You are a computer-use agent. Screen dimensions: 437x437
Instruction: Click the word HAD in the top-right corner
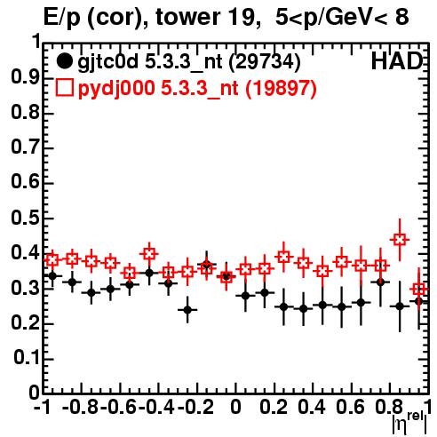click(397, 61)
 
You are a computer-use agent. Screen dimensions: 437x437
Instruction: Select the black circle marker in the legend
click(64, 61)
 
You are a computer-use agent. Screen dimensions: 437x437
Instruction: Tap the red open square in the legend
click(64, 87)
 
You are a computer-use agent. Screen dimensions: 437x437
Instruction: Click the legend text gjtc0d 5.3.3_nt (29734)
click(189, 62)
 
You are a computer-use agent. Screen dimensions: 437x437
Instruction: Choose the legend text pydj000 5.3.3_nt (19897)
click(197, 88)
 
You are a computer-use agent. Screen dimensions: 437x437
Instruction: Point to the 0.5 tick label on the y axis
click(25, 218)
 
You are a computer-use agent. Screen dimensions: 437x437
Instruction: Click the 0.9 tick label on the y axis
click(25, 78)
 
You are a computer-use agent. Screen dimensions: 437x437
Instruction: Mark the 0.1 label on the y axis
click(26, 358)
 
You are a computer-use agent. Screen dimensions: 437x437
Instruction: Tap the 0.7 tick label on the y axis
click(25, 147)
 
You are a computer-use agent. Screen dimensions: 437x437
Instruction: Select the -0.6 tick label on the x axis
click(118, 407)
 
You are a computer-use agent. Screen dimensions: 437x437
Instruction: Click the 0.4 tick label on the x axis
click(312, 407)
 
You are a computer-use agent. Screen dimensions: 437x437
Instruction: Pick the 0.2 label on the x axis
click(274, 407)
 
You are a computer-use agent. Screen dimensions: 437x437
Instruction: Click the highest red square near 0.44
click(400, 240)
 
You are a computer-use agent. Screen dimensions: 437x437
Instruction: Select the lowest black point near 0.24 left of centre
click(187, 310)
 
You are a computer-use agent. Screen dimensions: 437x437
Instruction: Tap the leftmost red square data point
click(52, 260)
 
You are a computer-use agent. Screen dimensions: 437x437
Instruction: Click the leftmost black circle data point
click(52, 276)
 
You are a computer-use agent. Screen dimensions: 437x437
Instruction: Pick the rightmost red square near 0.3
click(419, 289)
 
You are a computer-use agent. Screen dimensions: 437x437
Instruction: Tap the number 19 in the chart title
click(242, 17)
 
